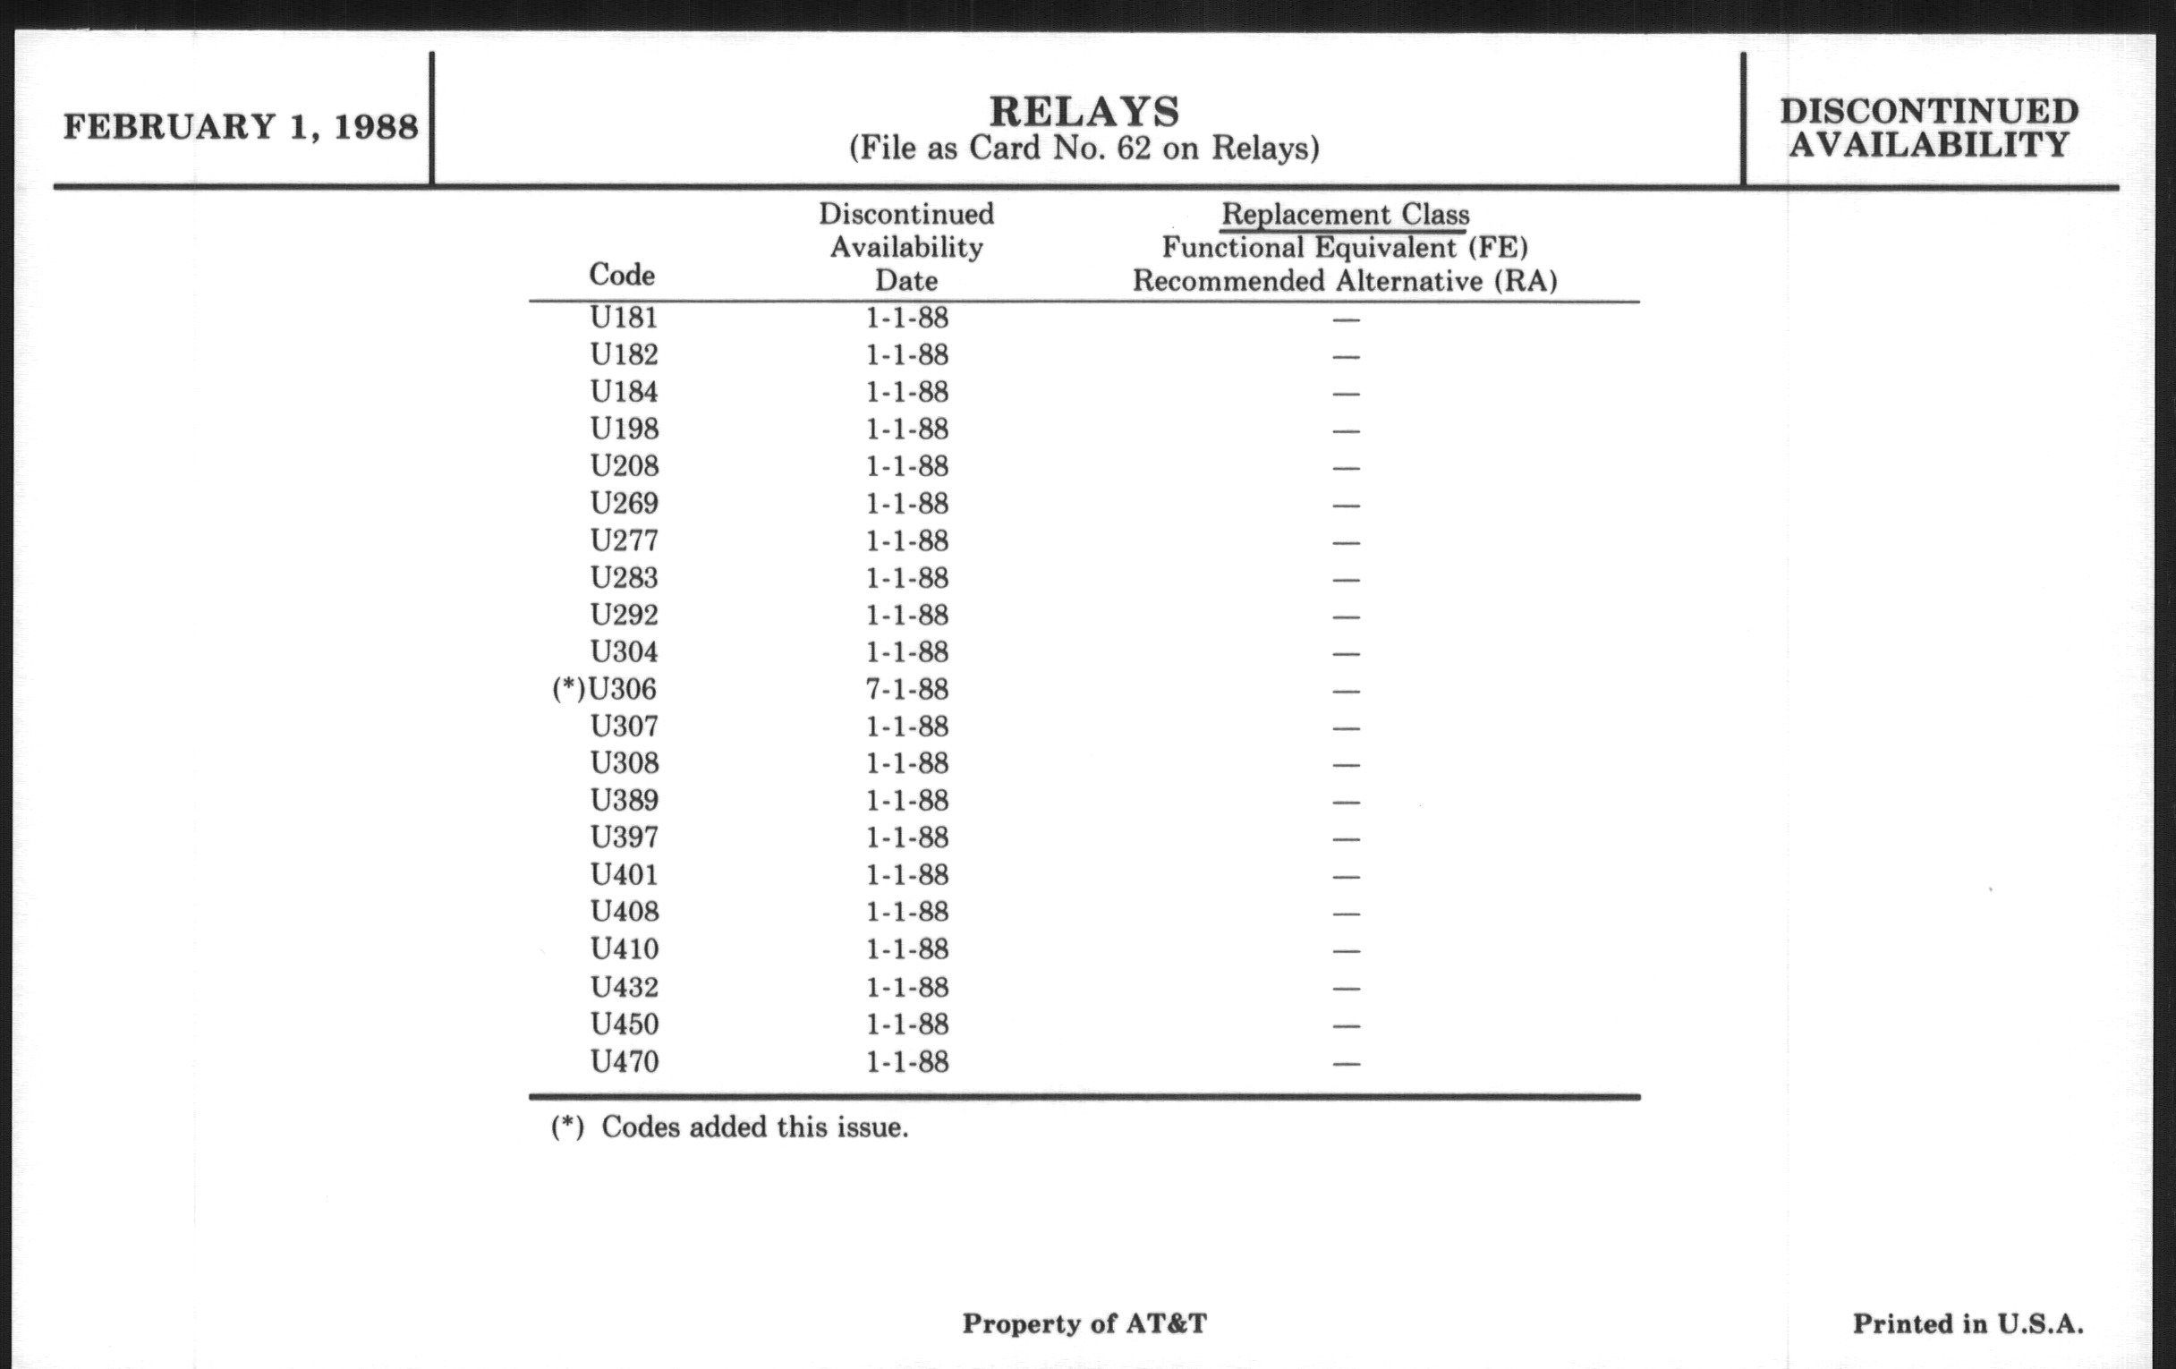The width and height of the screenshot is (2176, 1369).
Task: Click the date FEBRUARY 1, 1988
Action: pyautogui.click(x=241, y=126)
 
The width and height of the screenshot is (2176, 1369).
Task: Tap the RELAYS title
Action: pyautogui.click(x=1084, y=112)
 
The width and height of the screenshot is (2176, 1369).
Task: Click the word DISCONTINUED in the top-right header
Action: pyautogui.click(x=1929, y=111)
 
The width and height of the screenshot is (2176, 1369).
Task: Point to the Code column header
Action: pyautogui.click(x=622, y=274)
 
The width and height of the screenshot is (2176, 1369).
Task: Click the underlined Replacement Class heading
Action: pyautogui.click(x=1345, y=214)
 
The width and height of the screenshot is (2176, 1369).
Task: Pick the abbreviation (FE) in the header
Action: pyautogui.click(x=1499, y=247)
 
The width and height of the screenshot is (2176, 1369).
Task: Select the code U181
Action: pyautogui.click(x=624, y=317)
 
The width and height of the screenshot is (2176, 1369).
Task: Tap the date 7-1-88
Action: pyautogui.click(x=906, y=690)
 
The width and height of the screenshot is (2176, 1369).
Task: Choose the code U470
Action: pyautogui.click(x=625, y=1061)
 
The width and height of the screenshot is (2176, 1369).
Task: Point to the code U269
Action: pyautogui.click(x=625, y=504)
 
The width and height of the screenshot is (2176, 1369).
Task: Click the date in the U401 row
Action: pyautogui.click(x=906, y=875)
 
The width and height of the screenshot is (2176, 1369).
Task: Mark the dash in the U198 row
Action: pyautogui.click(x=1346, y=430)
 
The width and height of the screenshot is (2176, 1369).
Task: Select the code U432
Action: pyautogui.click(x=625, y=987)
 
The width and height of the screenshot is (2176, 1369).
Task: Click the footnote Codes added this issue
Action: pyautogui.click(x=754, y=1127)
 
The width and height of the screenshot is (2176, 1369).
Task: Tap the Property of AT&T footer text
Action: pyautogui.click(x=1084, y=1324)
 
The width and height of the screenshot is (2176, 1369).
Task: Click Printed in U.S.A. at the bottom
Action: pyautogui.click(x=1968, y=1324)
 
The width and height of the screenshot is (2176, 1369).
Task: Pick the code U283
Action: pyautogui.click(x=625, y=577)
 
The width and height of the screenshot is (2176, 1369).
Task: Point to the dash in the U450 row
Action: pyautogui.click(x=1346, y=1025)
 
